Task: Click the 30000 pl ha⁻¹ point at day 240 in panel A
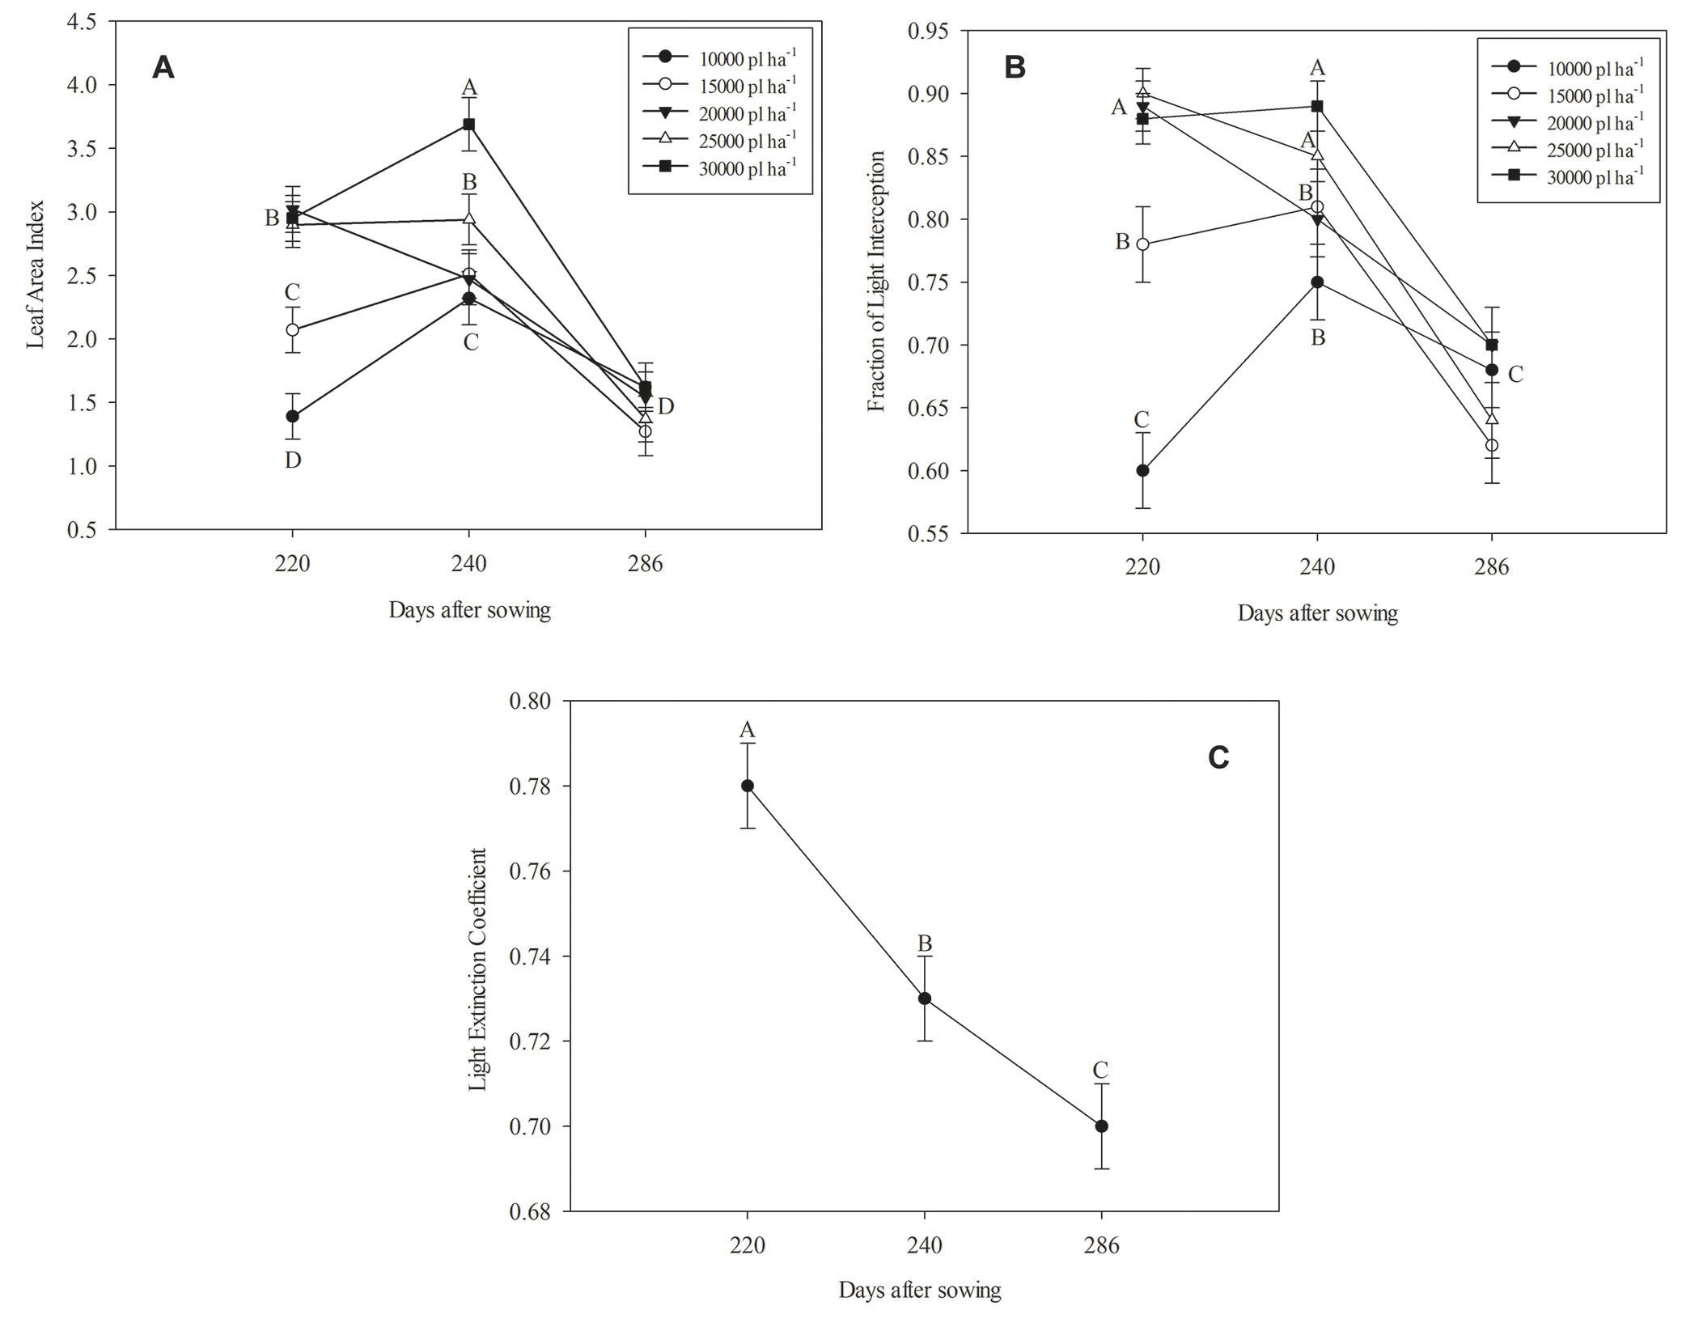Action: (x=468, y=124)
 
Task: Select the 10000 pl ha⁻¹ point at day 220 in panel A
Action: (x=292, y=416)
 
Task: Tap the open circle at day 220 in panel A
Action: (x=292, y=329)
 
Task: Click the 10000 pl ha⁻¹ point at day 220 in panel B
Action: (x=1142, y=470)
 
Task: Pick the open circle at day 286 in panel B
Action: (x=1492, y=445)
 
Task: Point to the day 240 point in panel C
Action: (x=924, y=998)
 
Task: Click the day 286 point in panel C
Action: (x=1101, y=1126)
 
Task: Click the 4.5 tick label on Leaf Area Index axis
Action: (x=82, y=22)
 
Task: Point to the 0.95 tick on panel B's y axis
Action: (x=929, y=31)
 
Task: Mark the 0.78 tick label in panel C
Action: (x=531, y=786)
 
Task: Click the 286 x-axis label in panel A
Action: (x=644, y=564)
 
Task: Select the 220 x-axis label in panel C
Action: (x=747, y=1245)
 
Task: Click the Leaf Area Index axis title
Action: (x=35, y=274)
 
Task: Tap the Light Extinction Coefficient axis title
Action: (x=478, y=969)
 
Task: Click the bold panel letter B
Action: (x=1015, y=68)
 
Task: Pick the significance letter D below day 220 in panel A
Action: (x=292, y=460)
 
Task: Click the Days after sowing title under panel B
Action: (x=1317, y=613)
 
